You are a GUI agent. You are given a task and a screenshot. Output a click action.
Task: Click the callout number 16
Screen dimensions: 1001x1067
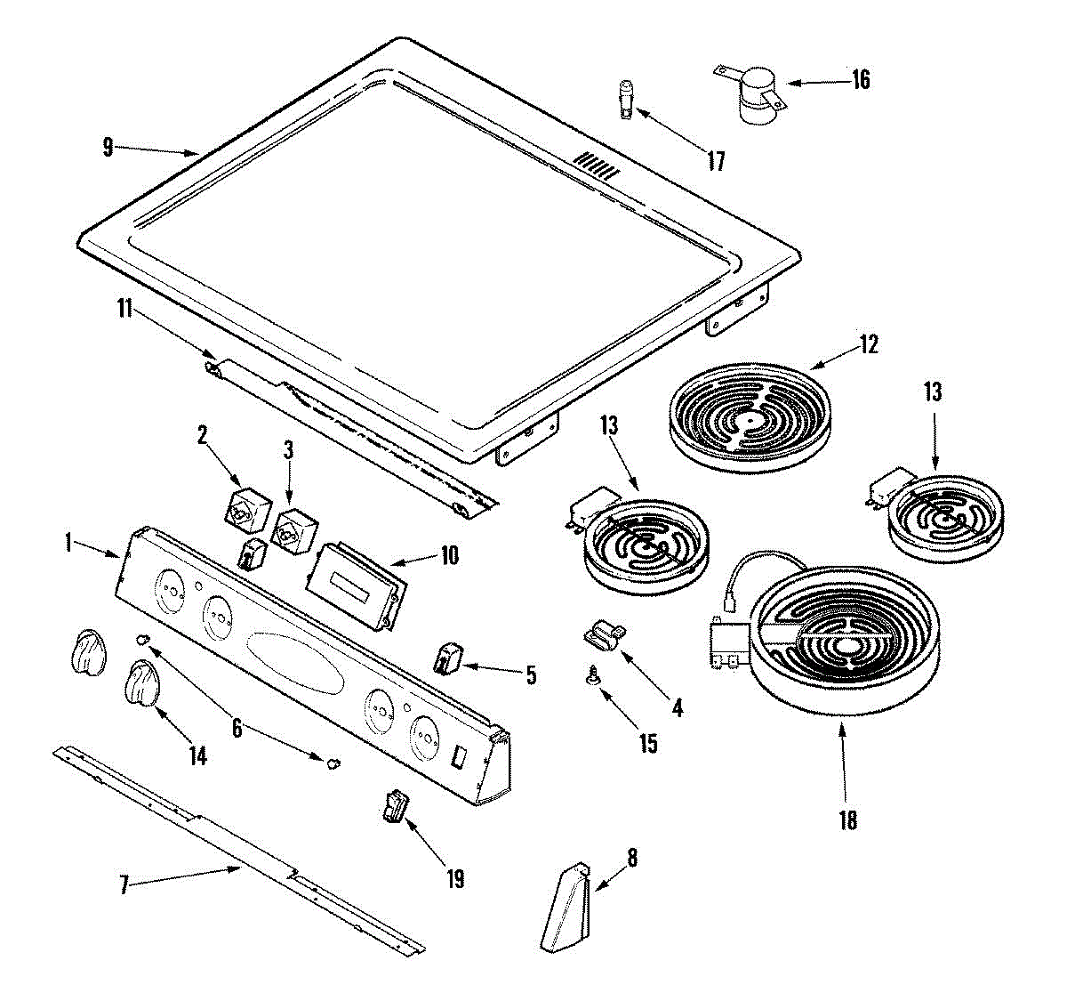[860, 79]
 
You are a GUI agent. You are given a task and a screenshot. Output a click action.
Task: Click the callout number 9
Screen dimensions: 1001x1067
[108, 147]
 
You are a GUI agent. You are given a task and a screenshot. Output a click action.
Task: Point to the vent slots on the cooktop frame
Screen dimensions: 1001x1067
[595, 165]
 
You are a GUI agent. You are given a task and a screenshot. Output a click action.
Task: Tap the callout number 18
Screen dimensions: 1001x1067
[848, 819]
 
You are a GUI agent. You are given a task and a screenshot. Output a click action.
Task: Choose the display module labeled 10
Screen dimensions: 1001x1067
[355, 585]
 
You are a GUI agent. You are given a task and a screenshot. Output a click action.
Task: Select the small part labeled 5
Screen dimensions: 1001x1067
[448, 658]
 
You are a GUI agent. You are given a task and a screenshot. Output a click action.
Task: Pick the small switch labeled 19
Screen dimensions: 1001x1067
[394, 806]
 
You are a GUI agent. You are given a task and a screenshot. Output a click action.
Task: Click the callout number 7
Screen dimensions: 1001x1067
[124, 884]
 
